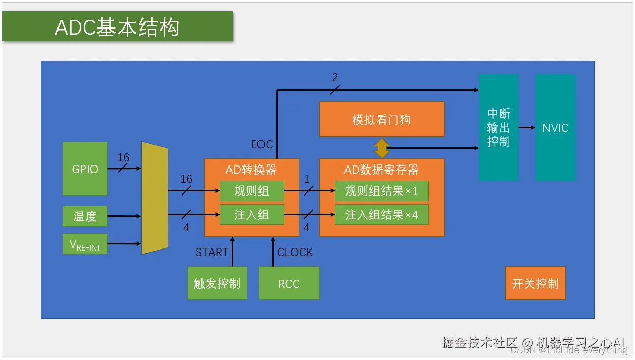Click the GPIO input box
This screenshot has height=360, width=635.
coord(85,169)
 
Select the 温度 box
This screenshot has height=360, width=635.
coord(85,216)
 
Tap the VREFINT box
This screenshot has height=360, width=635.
coord(85,244)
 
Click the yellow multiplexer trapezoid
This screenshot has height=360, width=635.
coord(155,198)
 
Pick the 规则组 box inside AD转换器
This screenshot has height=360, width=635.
coord(251,191)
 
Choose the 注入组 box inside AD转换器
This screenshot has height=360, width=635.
coord(251,214)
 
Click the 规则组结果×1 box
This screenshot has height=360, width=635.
coord(382,191)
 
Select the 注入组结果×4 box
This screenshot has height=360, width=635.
coord(382,214)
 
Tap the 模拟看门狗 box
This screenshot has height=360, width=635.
coord(382,120)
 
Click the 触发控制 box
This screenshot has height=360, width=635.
coord(217,283)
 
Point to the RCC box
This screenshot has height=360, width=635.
coord(289,283)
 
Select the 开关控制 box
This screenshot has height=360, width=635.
coord(535,283)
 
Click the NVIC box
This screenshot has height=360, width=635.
coord(555,128)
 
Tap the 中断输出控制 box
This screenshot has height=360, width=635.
coord(499,128)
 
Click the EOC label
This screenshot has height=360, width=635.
coord(262,145)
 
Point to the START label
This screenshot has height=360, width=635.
coord(212,252)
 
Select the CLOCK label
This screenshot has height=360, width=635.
coord(295,252)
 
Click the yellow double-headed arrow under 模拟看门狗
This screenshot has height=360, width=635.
coord(382,148)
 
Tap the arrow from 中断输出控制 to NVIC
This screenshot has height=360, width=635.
coord(527,128)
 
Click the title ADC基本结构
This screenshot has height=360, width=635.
coord(117,27)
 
